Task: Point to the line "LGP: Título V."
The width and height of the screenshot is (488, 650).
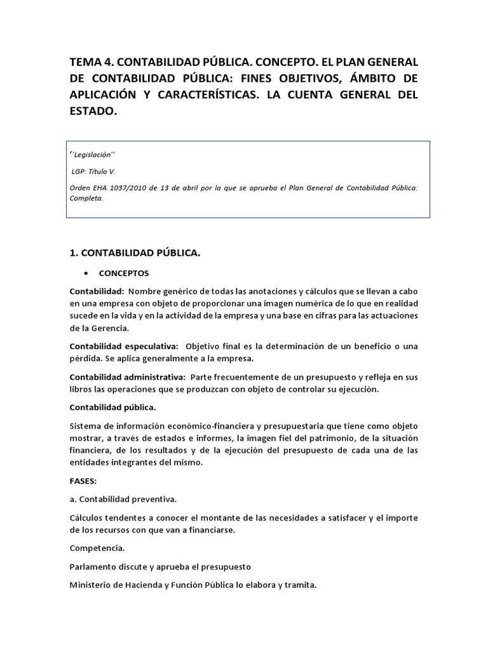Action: click(93, 171)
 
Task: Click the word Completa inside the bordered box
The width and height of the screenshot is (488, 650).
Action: click(85, 197)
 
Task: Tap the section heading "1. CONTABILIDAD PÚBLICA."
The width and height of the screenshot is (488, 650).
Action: click(135, 253)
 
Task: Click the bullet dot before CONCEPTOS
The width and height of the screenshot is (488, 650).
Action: click(85, 274)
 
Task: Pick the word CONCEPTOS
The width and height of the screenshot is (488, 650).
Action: click(124, 274)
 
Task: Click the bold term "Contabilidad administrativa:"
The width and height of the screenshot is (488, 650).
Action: click(127, 377)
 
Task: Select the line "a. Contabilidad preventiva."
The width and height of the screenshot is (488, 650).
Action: click(123, 500)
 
